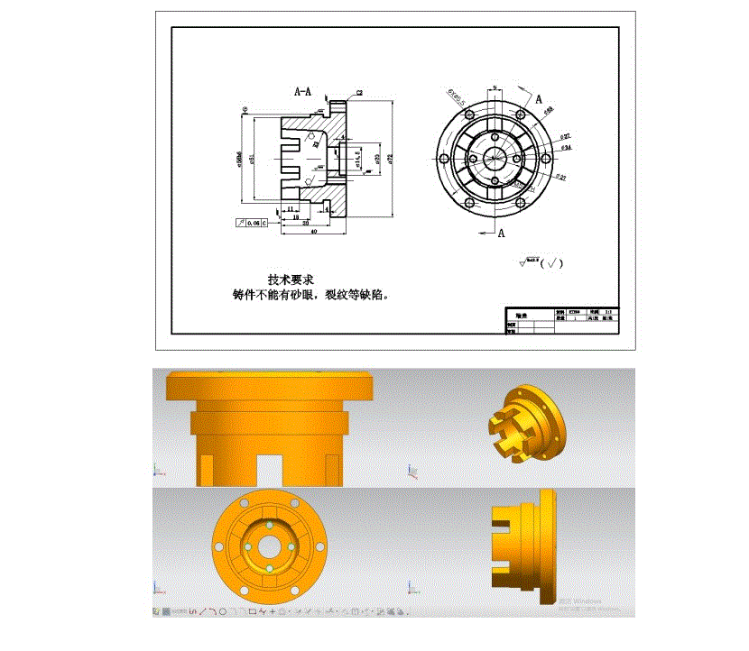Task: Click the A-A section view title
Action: [303, 91]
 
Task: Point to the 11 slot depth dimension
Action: [291, 208]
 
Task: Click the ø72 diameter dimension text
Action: [393, 159]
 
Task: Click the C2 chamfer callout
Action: [359, 93]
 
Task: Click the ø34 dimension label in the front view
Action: [566, 146]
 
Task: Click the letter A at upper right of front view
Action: [538, 99]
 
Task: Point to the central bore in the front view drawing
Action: [493, 156]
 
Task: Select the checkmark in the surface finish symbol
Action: [551, 264]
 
